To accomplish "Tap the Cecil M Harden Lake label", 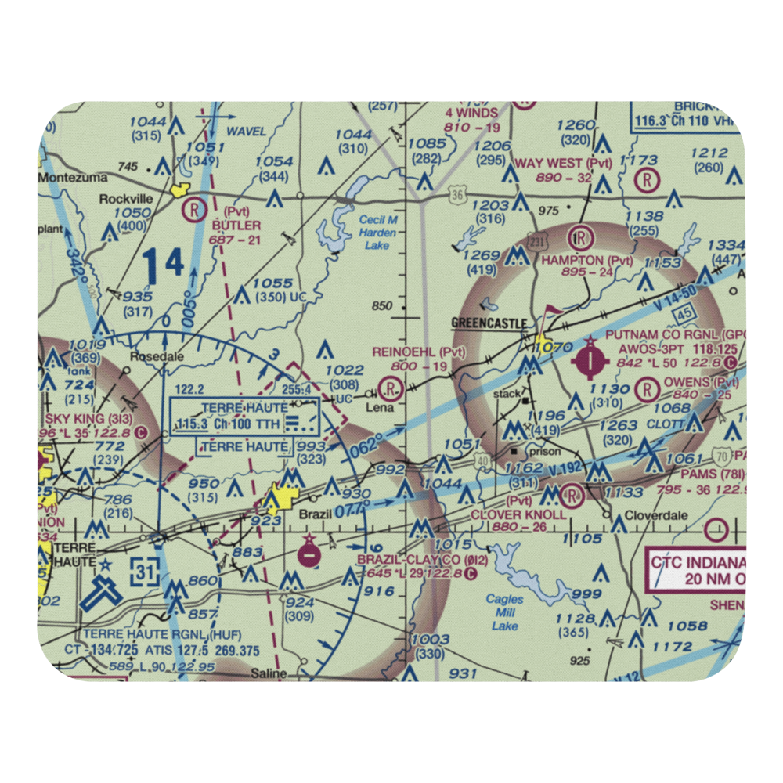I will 378,232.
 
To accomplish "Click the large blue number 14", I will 164,265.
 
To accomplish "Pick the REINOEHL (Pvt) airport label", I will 419,352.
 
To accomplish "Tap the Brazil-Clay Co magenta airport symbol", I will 309,555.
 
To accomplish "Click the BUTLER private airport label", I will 236,225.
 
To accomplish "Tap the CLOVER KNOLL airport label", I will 518,514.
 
